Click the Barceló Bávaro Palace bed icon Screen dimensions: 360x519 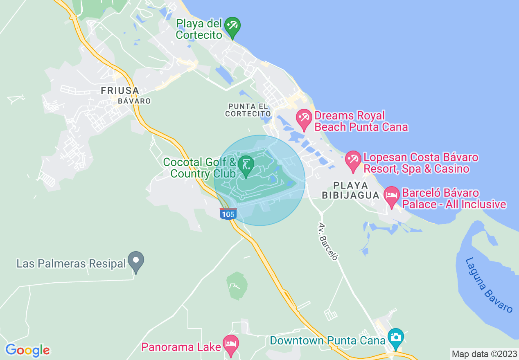tap(392, 196)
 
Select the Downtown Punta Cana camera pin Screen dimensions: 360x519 tap(395, 338)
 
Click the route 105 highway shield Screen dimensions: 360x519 tap(228, 214)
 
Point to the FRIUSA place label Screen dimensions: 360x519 tap(120, 90)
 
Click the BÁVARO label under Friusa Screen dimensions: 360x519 tap(134, 101)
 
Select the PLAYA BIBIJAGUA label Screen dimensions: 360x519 tap(351, 190)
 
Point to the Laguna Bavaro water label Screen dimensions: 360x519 tap(489, 285)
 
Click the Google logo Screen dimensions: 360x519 tap(27, 350)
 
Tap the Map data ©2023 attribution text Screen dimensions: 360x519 tap(484, 353)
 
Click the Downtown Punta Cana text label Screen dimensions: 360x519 tap(328, 340)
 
